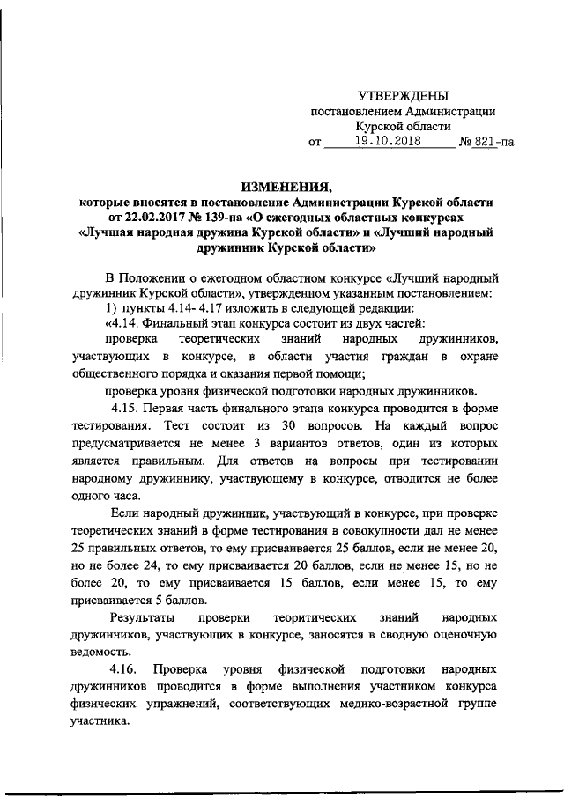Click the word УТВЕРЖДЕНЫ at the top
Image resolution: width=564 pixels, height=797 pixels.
[403, 95]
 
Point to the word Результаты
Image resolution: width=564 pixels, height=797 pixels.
[139, 617]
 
